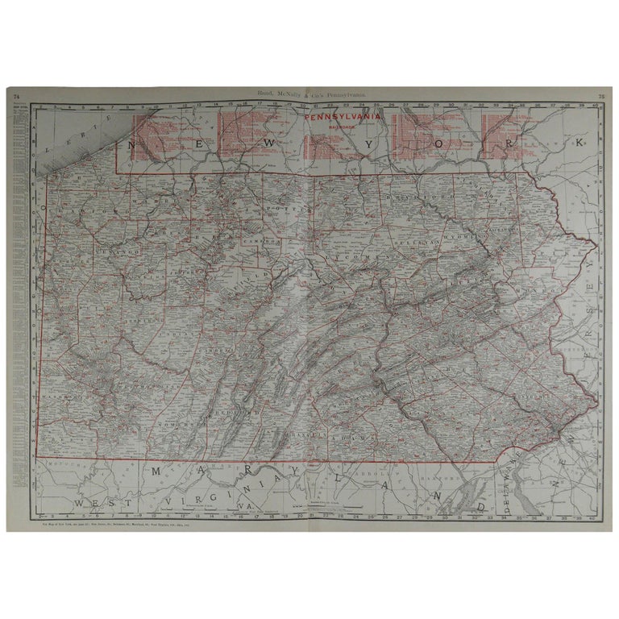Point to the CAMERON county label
pos(260,240)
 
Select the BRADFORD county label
pos(409,196)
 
